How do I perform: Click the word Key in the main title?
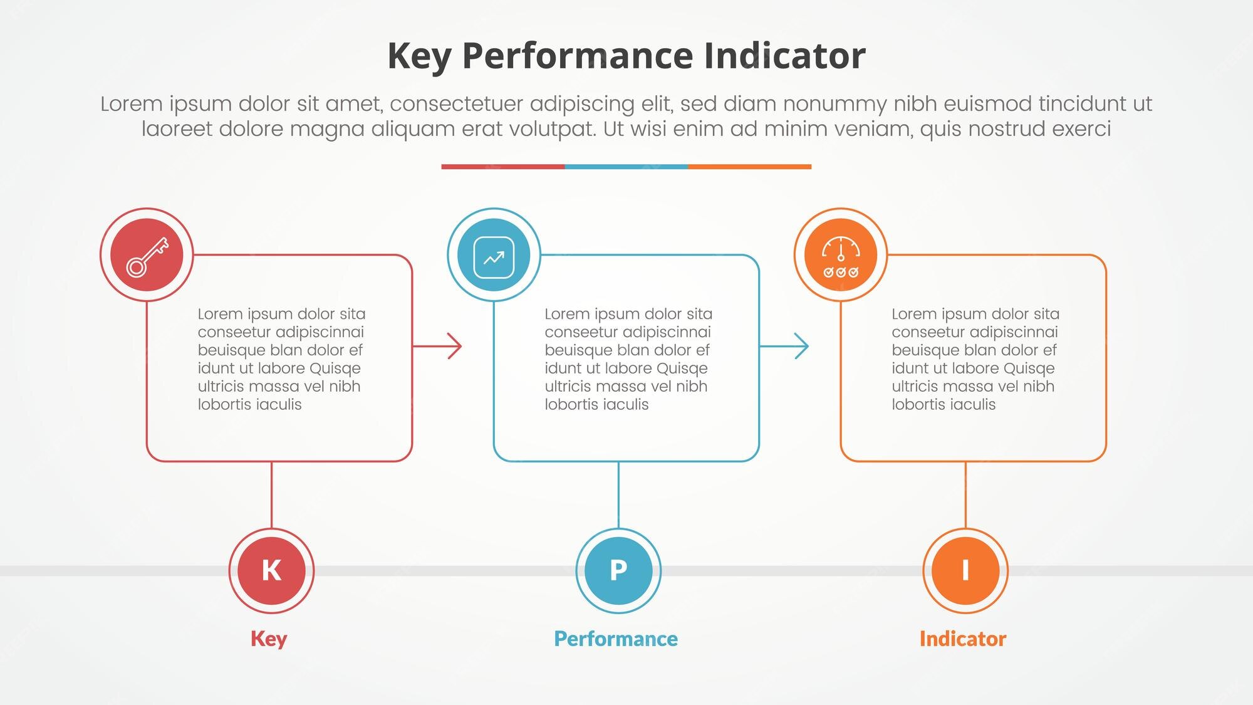click(x=419, y=57)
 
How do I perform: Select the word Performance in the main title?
click(x=578, y=56)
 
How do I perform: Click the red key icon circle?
click(x=147, y=254)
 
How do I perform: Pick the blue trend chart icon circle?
click(x=494, y=254)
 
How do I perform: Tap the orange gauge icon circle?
click(x=841, y=254)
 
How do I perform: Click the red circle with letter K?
click(x=271, y=570)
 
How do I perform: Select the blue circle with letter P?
click(x=618, y=570)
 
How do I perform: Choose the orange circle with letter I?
click(x=965, y=570)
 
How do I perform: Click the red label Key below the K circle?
click(x=269, y=639)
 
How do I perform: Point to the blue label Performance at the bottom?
click(x=616, y=639)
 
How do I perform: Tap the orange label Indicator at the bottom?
click(x=963, y=639)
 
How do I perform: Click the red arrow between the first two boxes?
click(x=437, y=346)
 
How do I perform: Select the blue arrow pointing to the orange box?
click(x=784, y=346)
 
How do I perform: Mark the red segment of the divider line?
click(x=503, y=167)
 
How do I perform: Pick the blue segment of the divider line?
click(x=626, y=167)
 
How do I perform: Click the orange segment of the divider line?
click(x=750, y=167)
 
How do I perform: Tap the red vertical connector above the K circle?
click(x=271, y=495)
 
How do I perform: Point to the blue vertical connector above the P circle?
click(x=618, y=495)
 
